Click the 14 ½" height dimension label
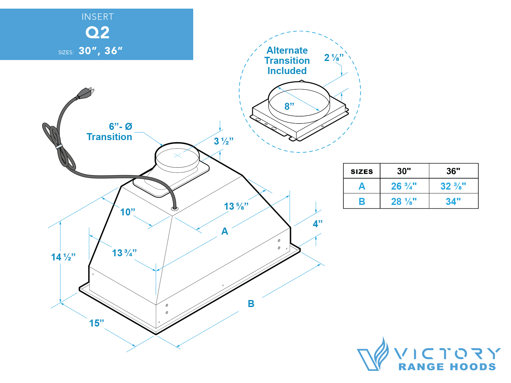pos(63,257)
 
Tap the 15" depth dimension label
pos(96,323)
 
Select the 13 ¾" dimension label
pos(124,253)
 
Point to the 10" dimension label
pos(127,212)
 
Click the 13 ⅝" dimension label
pos(236,207)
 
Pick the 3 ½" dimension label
pos(224,141)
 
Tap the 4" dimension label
pos(317,224)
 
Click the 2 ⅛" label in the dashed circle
pos(334,58)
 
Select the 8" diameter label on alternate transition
pos(289,106)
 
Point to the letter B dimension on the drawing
pos(251,304)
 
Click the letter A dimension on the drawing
pos(225,231)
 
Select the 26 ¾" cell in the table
pos(404,186)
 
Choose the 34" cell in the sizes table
pos(453,201)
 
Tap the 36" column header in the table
pos(453,171)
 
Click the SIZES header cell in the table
pos(362,171)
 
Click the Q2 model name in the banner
pos(97,33)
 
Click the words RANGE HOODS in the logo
pos(447,367)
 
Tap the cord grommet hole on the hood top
pos(175,208)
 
